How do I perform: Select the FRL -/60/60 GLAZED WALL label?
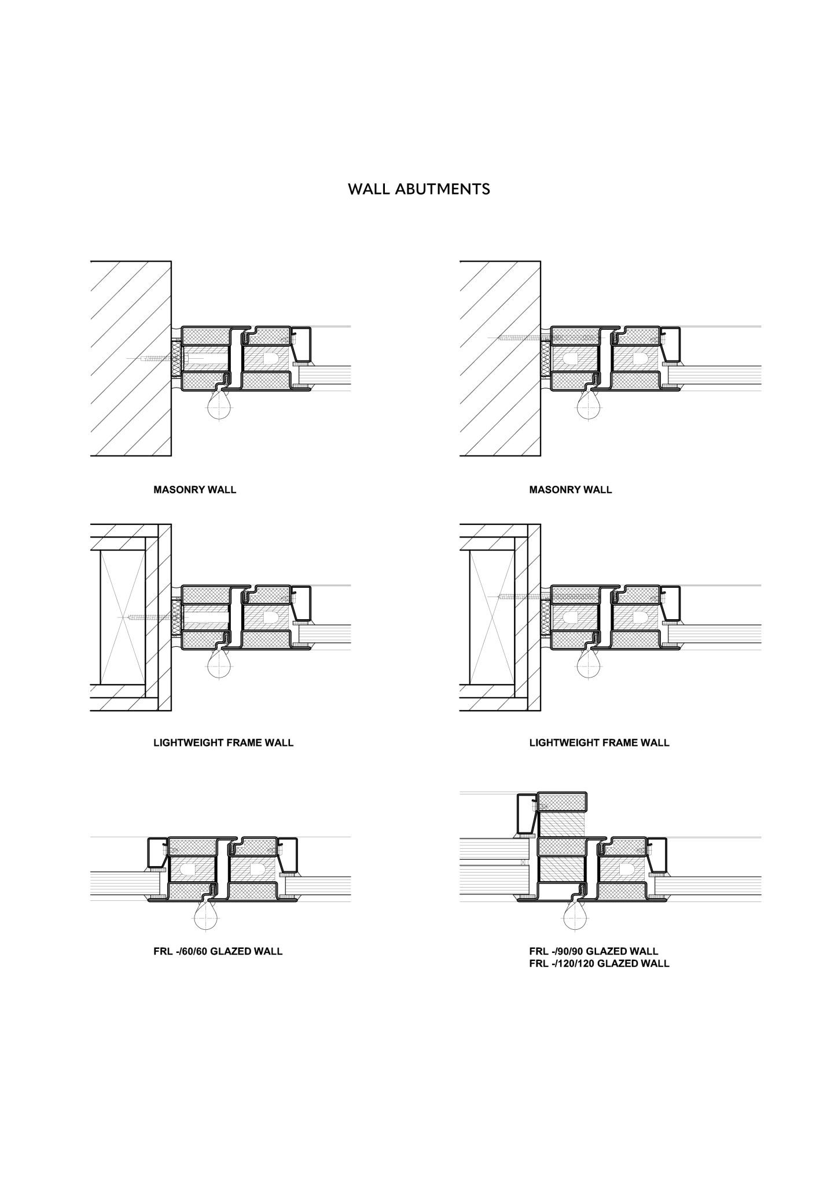pos(218,951)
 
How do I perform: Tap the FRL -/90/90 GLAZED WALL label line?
pos(593,951)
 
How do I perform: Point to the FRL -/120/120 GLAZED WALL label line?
pos(599,963)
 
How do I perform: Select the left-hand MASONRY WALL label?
pos(194,490)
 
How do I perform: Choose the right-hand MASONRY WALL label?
pos(570,490)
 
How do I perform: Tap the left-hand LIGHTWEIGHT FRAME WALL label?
pos(223,742)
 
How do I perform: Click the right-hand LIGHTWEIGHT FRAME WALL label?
pos(599,742)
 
